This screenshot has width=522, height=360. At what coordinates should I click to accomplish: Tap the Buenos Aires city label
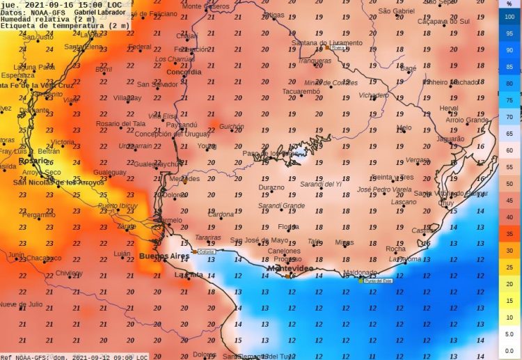[164, 257]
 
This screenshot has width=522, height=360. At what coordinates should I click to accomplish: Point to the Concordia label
[184, 72]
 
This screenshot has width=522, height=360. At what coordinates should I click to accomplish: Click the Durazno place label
[271, 187]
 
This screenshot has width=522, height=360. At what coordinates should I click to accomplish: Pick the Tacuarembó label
[301, 91]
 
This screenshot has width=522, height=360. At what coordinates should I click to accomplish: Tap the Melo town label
[404, 127]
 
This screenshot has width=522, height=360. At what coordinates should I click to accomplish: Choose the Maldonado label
[360, 273]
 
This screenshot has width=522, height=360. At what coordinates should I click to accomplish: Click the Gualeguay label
[109, 172]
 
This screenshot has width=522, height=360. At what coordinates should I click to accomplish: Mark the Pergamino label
[38, 215]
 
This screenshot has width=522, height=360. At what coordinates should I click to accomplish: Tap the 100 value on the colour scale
[509, 16]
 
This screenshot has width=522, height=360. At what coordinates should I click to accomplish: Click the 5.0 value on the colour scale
[509, 334]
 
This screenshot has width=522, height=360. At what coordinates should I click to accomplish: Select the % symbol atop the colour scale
[509, 4]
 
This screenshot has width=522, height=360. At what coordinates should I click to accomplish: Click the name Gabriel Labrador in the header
[102, 13]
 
